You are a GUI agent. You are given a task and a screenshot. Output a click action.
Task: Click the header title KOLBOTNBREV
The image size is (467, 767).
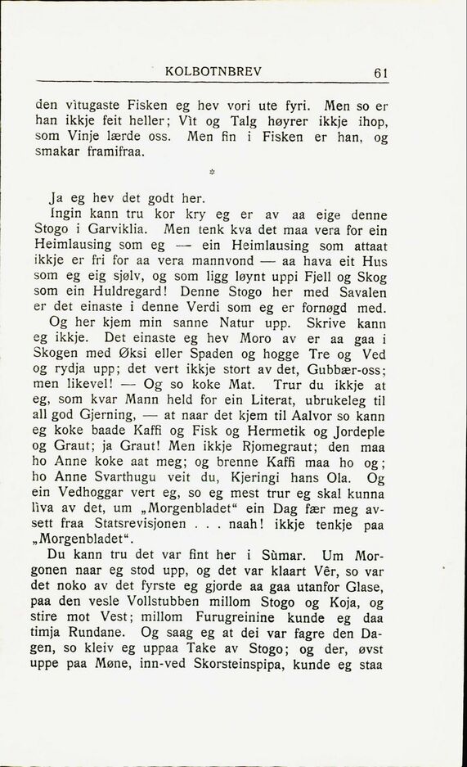[x=213, y=71]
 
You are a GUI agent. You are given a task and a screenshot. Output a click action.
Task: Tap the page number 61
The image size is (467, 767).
[x=380, y=72]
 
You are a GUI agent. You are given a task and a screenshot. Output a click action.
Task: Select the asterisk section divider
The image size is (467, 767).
[x=211, y=173]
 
